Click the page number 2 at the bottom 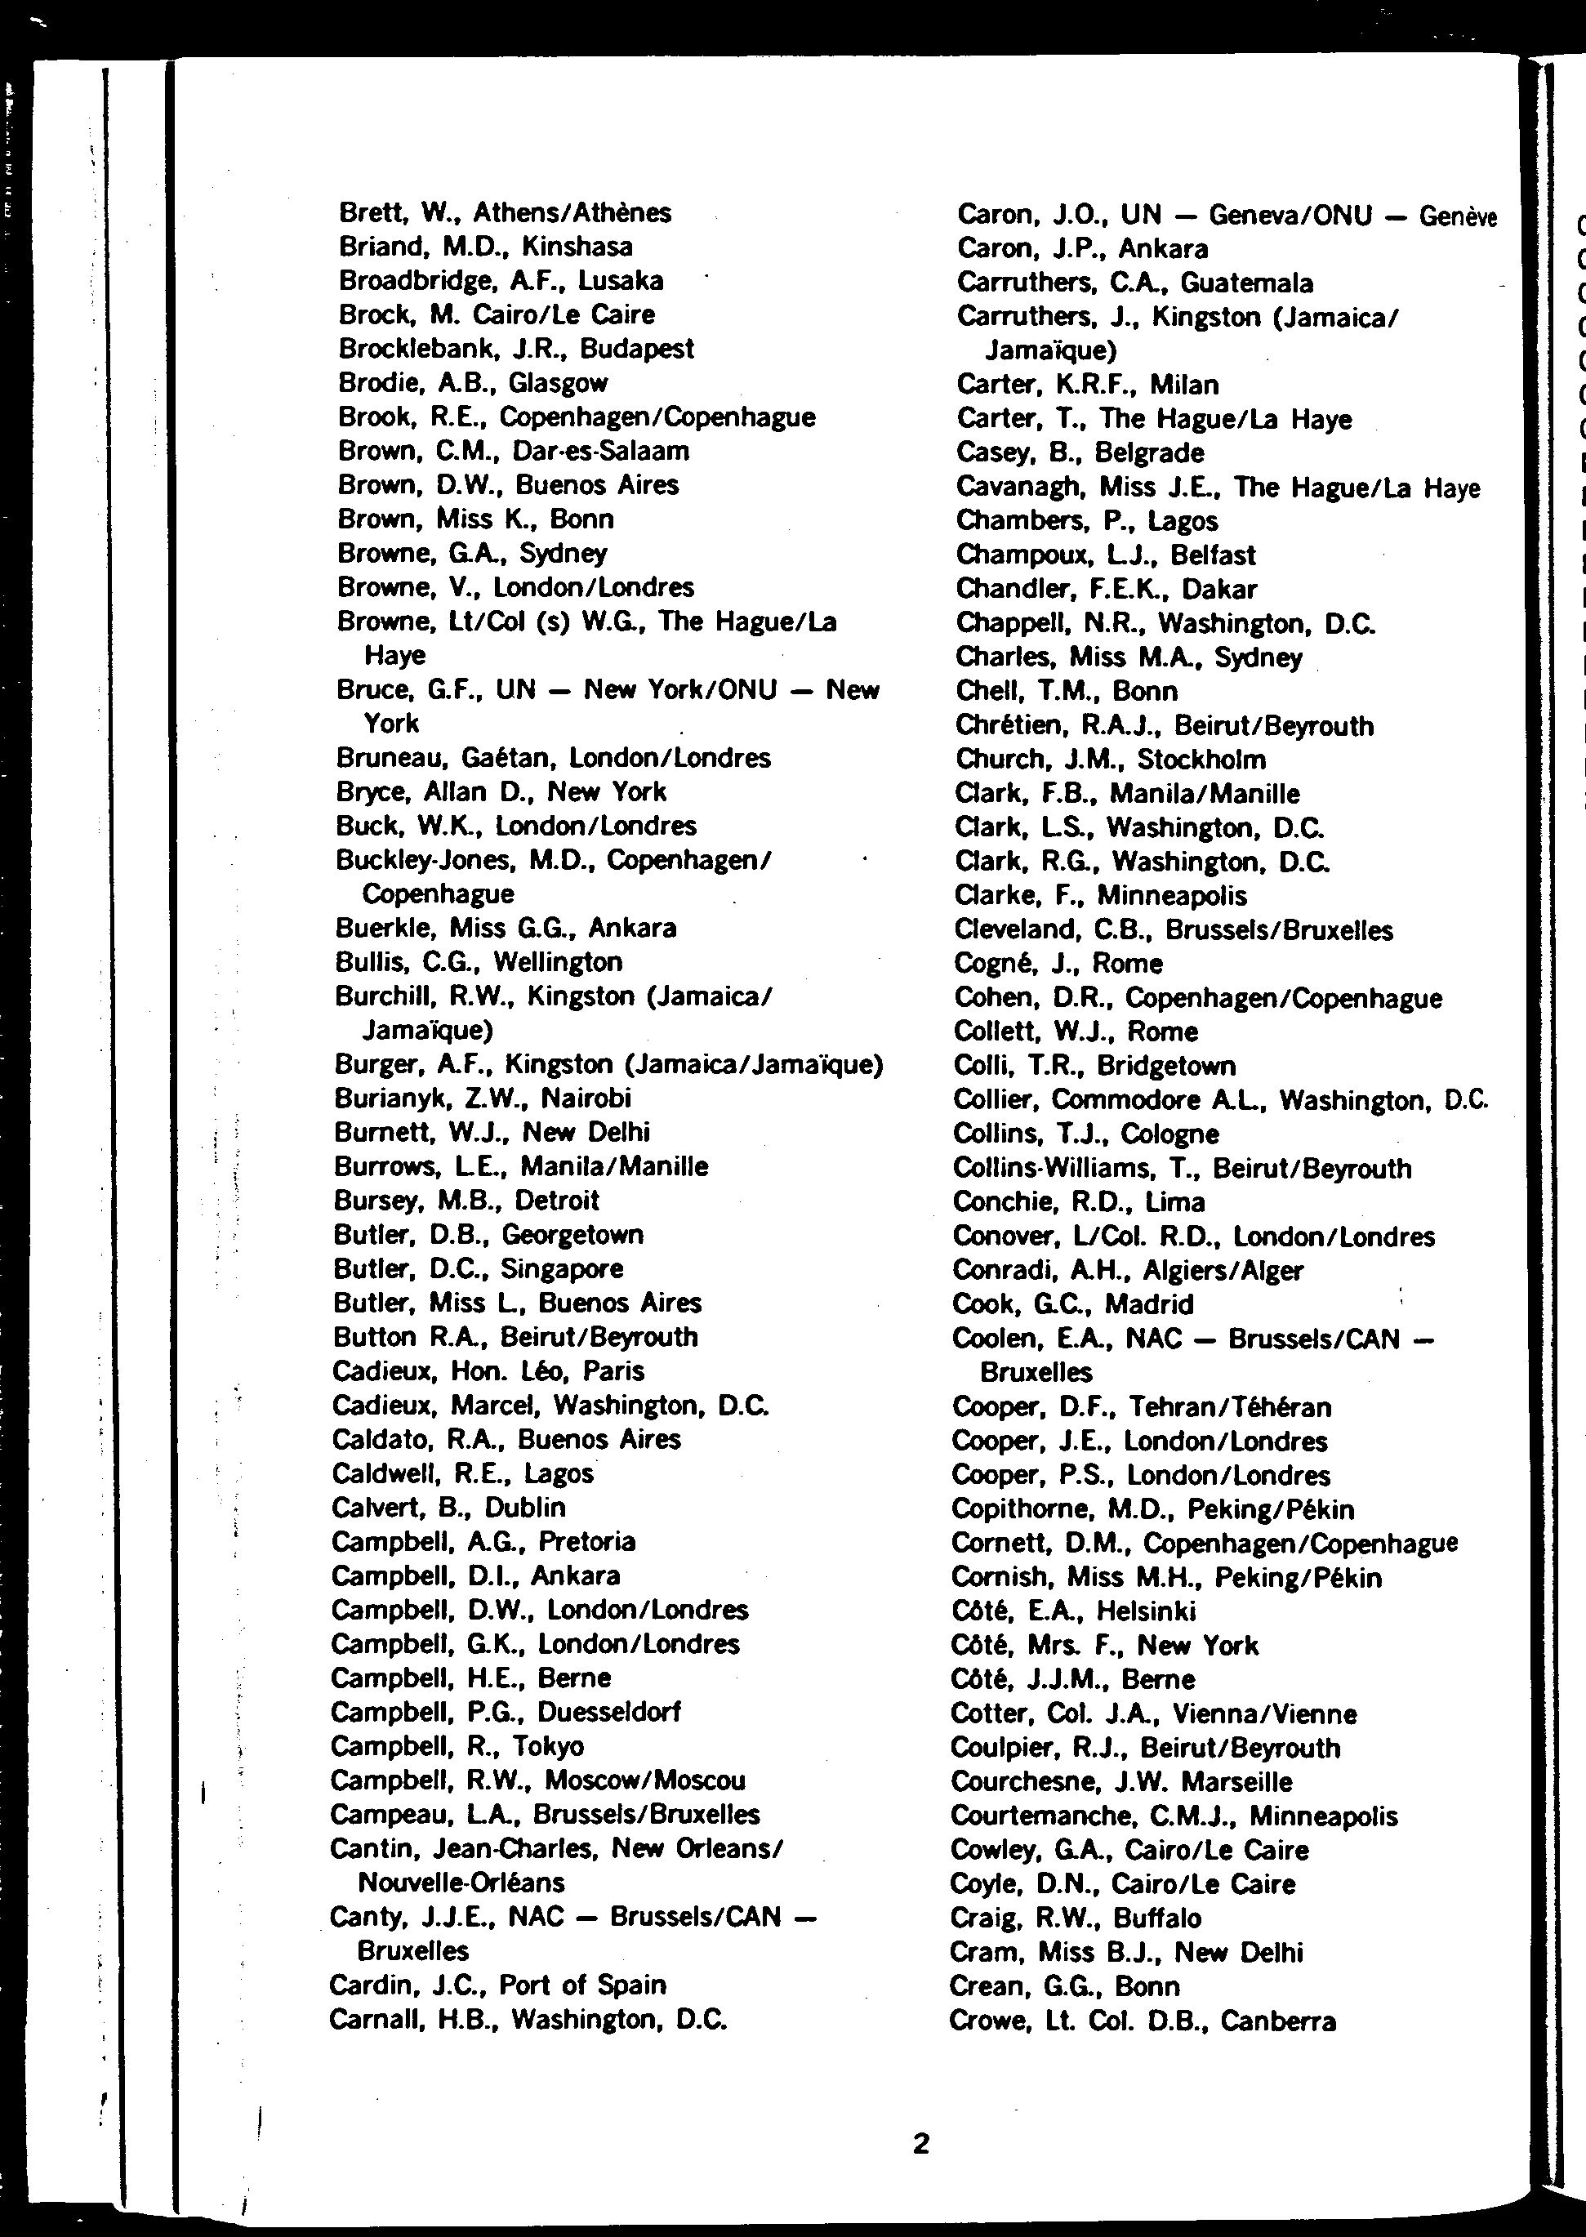pos(920,2143)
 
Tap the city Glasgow pos(558,383)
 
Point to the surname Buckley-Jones pos(425,859)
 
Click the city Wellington pos(558,962)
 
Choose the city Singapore pos(562,1268)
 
